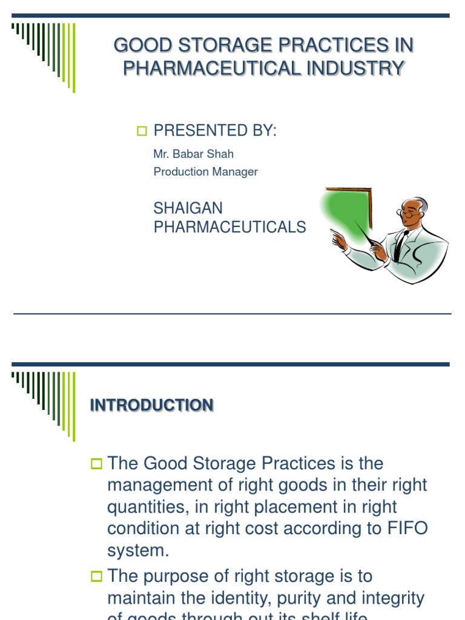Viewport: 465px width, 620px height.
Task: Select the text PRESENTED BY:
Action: click(214, 130)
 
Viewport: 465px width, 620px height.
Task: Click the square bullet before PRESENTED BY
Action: click(142, 131)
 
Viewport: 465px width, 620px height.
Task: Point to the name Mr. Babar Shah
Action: click(193, 154)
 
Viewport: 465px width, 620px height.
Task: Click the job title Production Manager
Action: click(205, 172)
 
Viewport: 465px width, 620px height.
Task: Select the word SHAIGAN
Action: click(188, 208)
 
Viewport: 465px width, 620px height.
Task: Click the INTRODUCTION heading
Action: click(151, 406)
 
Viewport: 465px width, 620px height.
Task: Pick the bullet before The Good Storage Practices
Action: click(97, 464)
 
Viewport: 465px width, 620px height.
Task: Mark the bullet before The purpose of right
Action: click(97, 577)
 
